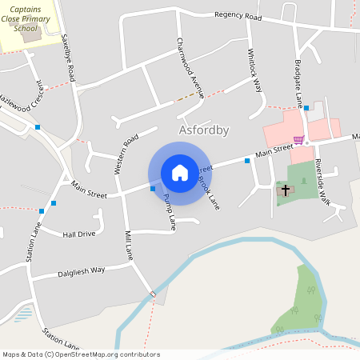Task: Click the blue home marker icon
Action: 180,173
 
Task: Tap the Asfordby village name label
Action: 203,130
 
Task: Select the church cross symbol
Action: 285,190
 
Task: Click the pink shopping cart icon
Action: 298,140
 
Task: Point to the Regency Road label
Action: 238,16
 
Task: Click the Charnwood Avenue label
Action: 190,67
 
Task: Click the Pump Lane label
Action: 169,212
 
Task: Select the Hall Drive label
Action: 79,234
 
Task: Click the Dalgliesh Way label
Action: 81,271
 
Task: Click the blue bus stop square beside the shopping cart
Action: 306,107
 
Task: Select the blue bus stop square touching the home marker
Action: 153,189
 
